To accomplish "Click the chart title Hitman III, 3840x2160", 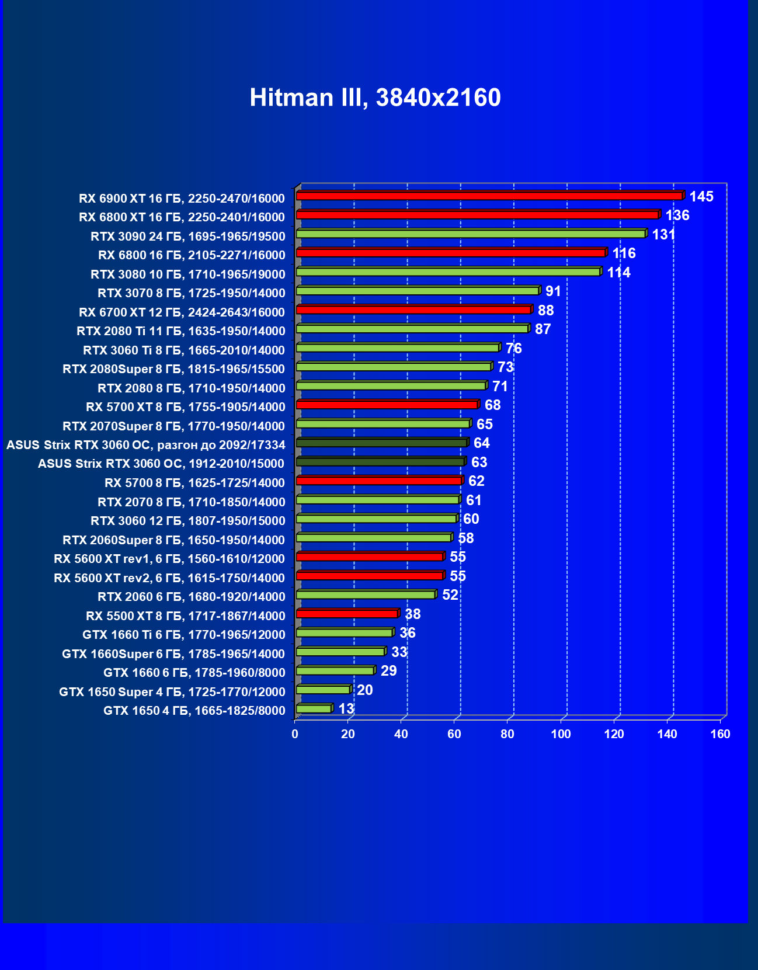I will click(x=375, y=98).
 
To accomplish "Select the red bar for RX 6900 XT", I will click(x=489, y=196).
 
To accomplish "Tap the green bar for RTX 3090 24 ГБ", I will click(x=471, y=234).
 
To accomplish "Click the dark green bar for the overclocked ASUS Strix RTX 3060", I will click(x=382, y=443).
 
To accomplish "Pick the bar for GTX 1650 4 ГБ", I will click(x=314, y=708).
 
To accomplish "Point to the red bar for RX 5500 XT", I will click(x=347, y=614).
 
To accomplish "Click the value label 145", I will click(x=701, y=197).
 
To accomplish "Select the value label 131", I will click(x=663, y=235).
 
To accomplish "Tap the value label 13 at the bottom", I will click(x=346, y=709).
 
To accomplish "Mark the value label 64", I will click(x=481, y=443).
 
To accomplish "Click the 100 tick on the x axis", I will click(x=561, y=734).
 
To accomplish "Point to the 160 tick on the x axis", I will click(x=720, y=734).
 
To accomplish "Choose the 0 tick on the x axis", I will click(x=295, y=734).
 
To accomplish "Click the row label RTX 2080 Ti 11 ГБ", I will click(x=181, y=331).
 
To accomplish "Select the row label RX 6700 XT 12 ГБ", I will click(x=182, y=312).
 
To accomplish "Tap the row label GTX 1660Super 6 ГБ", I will click(x=173, y=654).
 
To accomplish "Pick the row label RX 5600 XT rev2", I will click(x=169, y=578).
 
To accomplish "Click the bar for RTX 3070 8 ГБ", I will click(x=418, y=291).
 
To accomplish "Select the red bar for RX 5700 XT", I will click(x=387, y=405).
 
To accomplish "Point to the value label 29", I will click(x=388, y=671).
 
